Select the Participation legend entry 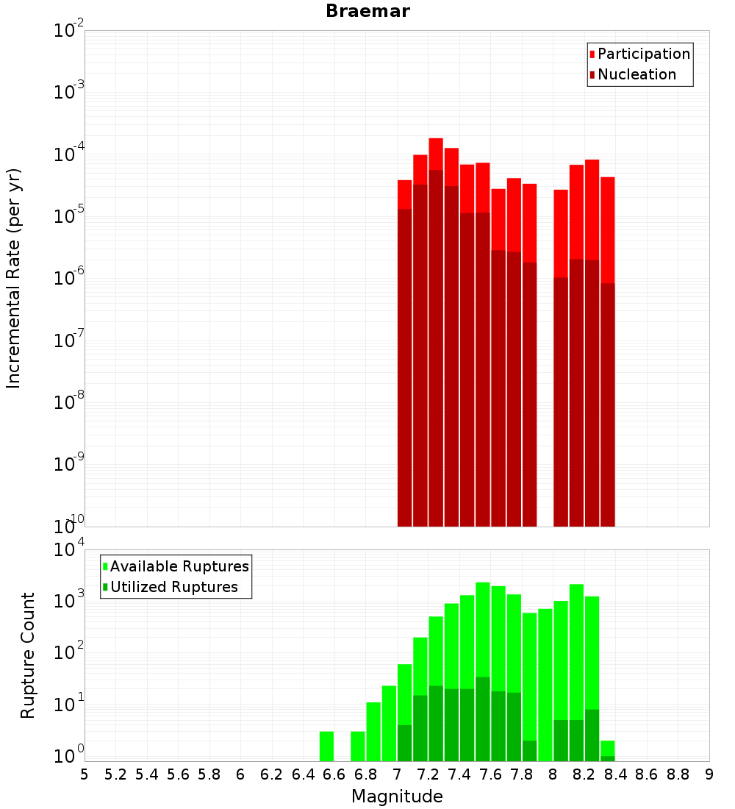coord(644,54)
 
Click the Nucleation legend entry coord(637,74)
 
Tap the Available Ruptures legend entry coord(179,566)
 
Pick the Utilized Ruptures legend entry coord(173,587)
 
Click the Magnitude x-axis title coord(397,796)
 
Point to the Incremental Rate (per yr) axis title coord(15,278)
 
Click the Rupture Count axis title coord(28,655)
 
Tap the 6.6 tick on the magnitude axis coord(334,774)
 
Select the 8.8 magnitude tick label coord(678,774)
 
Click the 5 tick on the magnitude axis coord(85,774)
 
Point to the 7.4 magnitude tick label coord(459,774)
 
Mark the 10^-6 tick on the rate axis coord(70,277)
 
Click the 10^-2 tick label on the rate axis coord(70,30)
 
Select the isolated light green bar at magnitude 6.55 coord(326,746)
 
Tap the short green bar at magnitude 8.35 coord(608,749)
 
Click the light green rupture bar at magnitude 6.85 coord(373,731)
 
